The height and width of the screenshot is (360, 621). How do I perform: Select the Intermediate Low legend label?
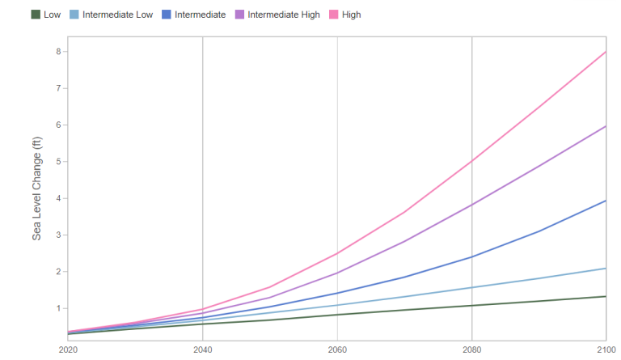[x=118, y=15]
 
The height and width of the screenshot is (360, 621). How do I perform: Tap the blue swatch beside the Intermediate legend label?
[x=166, y=15]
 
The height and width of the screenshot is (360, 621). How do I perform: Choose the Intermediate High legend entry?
[x=284, y=15]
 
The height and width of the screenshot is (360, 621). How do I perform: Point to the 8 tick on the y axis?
[x=57, y=51]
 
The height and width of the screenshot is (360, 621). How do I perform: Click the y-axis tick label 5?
[x=57, y=162]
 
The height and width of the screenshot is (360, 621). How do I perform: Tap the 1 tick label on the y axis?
[x=57, y=308]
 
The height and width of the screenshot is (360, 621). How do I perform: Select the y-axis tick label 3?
[x=57, y=235]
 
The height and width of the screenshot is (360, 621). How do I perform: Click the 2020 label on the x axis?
[x=68, y=349]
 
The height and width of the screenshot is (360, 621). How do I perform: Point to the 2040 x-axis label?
[x=202, y=349]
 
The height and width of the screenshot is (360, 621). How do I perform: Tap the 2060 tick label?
[x=337, y=349]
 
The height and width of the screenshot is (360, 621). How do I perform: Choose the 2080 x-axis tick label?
[x=471, y=349]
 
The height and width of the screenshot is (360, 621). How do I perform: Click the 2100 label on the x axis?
[x=605, y=349]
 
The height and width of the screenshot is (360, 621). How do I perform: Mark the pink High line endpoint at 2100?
[x=606, y=52]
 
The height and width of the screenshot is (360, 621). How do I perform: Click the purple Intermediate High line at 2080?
[x=471, y=204]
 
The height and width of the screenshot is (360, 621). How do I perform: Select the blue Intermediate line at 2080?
[x=471, y=256]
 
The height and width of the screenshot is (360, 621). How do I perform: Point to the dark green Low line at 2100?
[x=606, y=296]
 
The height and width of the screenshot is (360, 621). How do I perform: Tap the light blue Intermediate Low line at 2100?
[x=606, y=268]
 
